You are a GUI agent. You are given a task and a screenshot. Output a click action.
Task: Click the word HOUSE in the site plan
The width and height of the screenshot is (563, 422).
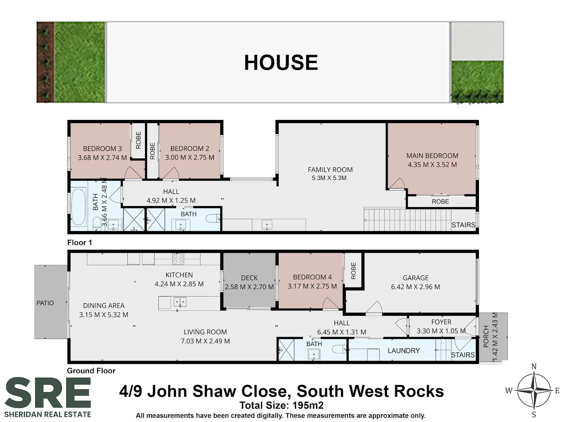[x=281, y=63]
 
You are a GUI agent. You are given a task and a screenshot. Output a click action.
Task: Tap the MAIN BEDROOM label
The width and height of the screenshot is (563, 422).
[x=432, y=156]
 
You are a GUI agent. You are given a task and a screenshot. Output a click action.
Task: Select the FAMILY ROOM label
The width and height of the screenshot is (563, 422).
[x=330, y=170]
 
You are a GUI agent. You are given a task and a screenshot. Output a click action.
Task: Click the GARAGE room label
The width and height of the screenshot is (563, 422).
[x=416, y=278]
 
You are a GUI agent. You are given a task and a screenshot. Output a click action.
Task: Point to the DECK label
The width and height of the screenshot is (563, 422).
[x=249, y=278]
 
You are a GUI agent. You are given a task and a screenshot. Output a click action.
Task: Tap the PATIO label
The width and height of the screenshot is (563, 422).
[x=45, y=303]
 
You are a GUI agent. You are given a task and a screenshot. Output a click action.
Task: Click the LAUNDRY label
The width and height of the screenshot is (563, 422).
[x=403, y=350]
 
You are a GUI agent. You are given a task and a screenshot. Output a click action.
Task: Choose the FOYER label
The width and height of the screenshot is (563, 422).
[x=441, y=322]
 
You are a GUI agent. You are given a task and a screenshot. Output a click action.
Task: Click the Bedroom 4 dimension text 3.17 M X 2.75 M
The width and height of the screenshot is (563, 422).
[x=312, y=286]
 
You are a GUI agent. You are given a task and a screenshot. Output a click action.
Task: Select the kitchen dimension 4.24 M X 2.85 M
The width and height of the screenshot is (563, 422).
[x=179, y=284]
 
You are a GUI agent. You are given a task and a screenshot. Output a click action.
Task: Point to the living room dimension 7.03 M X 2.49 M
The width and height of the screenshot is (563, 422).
[x=205, y=341]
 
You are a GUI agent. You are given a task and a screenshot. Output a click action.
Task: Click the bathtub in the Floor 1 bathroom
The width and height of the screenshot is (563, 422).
[x=79, y=207]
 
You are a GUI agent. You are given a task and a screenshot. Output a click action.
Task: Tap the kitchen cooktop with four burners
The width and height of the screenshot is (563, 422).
[x=178, y=259]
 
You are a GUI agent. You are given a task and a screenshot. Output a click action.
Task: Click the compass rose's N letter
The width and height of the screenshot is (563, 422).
[x=534, y=367]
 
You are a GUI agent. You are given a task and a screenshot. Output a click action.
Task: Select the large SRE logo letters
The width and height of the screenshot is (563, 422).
[x=48, y=393]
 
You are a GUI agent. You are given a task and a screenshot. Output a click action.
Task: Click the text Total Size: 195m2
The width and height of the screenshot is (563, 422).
[x=281, y=405]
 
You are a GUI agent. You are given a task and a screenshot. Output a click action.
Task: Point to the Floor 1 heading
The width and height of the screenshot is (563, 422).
[x=79, y=243]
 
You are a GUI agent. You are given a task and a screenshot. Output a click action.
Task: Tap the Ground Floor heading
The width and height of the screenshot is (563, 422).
[x=91, y=371]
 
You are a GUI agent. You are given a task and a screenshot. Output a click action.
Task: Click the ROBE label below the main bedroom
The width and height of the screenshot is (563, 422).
[x=440, y=202]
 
